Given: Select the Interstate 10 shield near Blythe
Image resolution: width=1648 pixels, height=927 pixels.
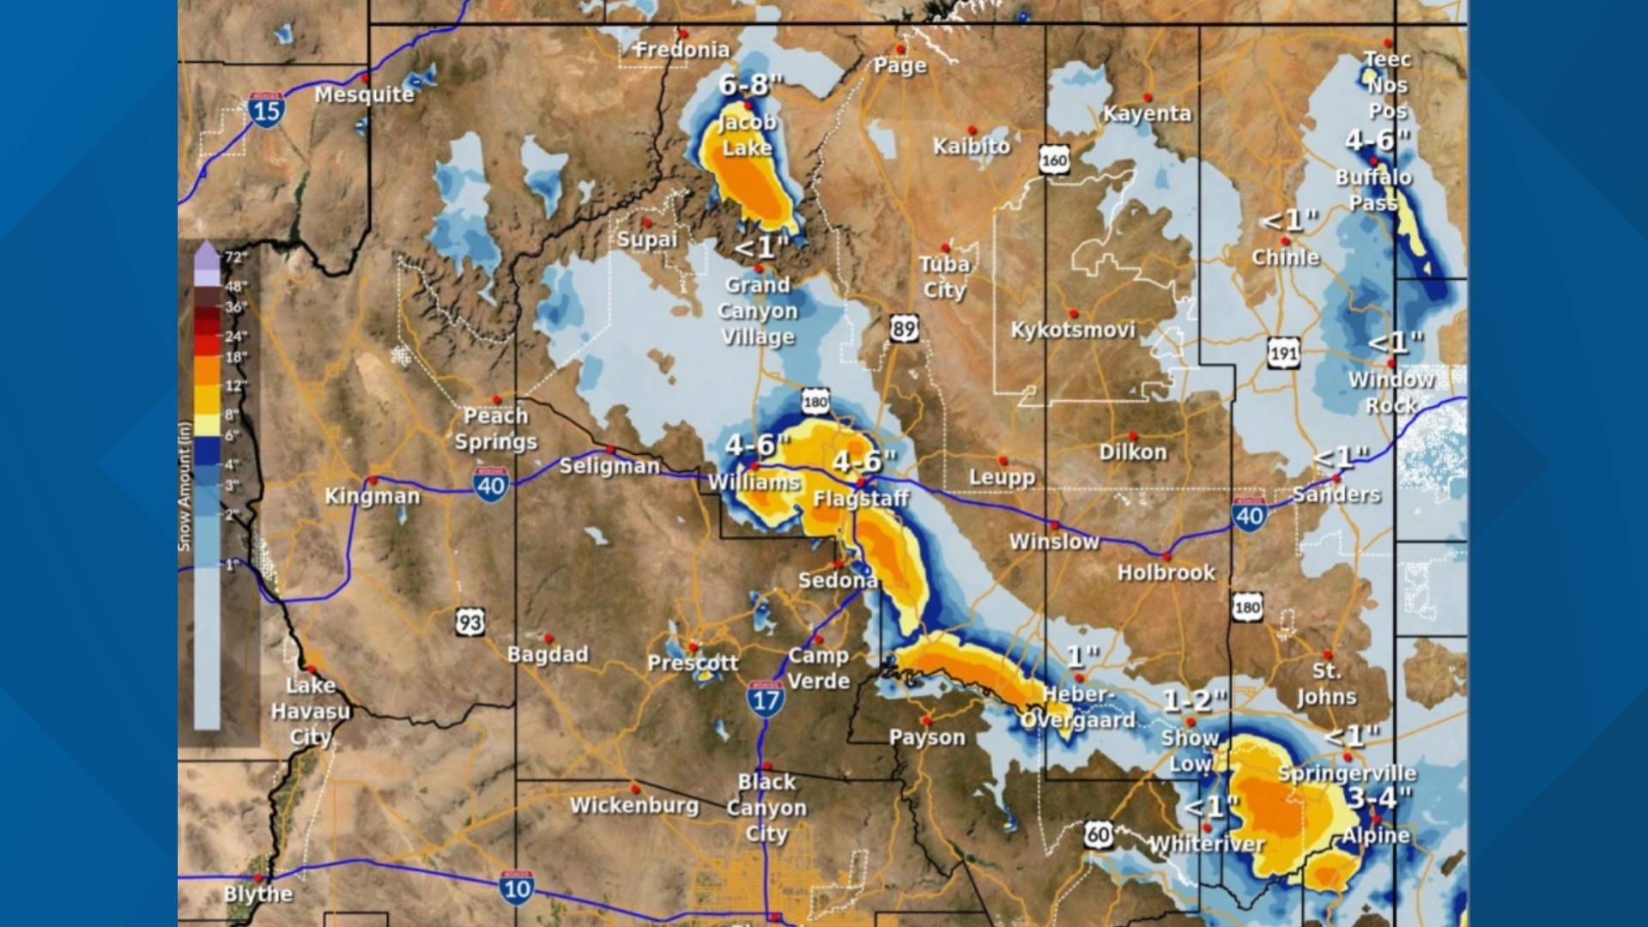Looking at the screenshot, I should [517, 888].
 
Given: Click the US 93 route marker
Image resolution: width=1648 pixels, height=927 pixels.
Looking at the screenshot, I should [470, 621].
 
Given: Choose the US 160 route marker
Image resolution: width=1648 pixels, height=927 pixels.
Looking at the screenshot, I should [1054, 160].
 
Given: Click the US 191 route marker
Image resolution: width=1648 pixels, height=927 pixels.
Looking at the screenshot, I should [1283, 353].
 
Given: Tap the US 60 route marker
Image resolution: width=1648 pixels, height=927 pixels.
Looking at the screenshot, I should [1098, 833].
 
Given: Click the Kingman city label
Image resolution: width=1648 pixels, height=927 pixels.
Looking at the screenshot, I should [373, 497].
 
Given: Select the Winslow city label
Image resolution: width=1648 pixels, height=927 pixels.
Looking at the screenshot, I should [1054, 542].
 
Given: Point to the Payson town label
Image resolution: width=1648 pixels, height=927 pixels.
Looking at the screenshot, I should [927, 737].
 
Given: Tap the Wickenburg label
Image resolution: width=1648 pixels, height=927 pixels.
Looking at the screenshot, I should [634, 805].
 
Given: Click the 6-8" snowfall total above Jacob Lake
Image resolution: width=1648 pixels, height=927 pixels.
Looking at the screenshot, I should [752, 85].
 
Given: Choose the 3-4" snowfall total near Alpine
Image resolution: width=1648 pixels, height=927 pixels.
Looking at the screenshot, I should [1379, 797].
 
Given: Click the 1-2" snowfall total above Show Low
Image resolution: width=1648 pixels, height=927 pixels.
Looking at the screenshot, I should [1195, 701].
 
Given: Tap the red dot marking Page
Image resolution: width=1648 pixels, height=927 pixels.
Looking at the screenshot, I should [900, 49].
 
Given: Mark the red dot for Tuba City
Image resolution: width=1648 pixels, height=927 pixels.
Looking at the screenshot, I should [946, 248].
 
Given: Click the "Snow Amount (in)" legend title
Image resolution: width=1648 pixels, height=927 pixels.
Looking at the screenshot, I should [185, 486].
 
